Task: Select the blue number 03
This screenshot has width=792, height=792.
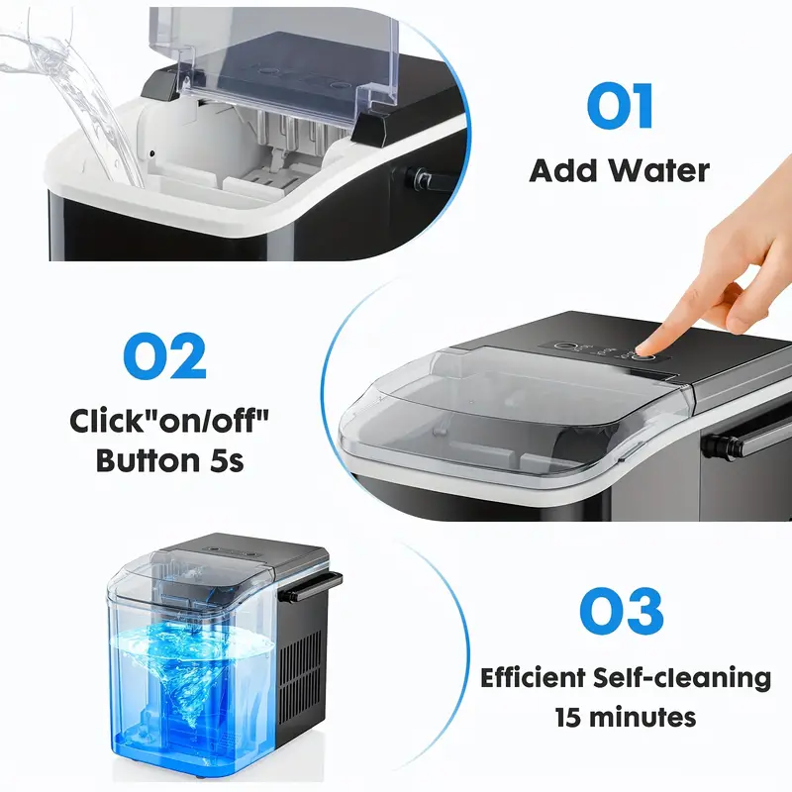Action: pos(620,612)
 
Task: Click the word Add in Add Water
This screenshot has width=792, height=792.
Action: pos(567,170)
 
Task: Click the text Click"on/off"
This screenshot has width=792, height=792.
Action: pos(169,421)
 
